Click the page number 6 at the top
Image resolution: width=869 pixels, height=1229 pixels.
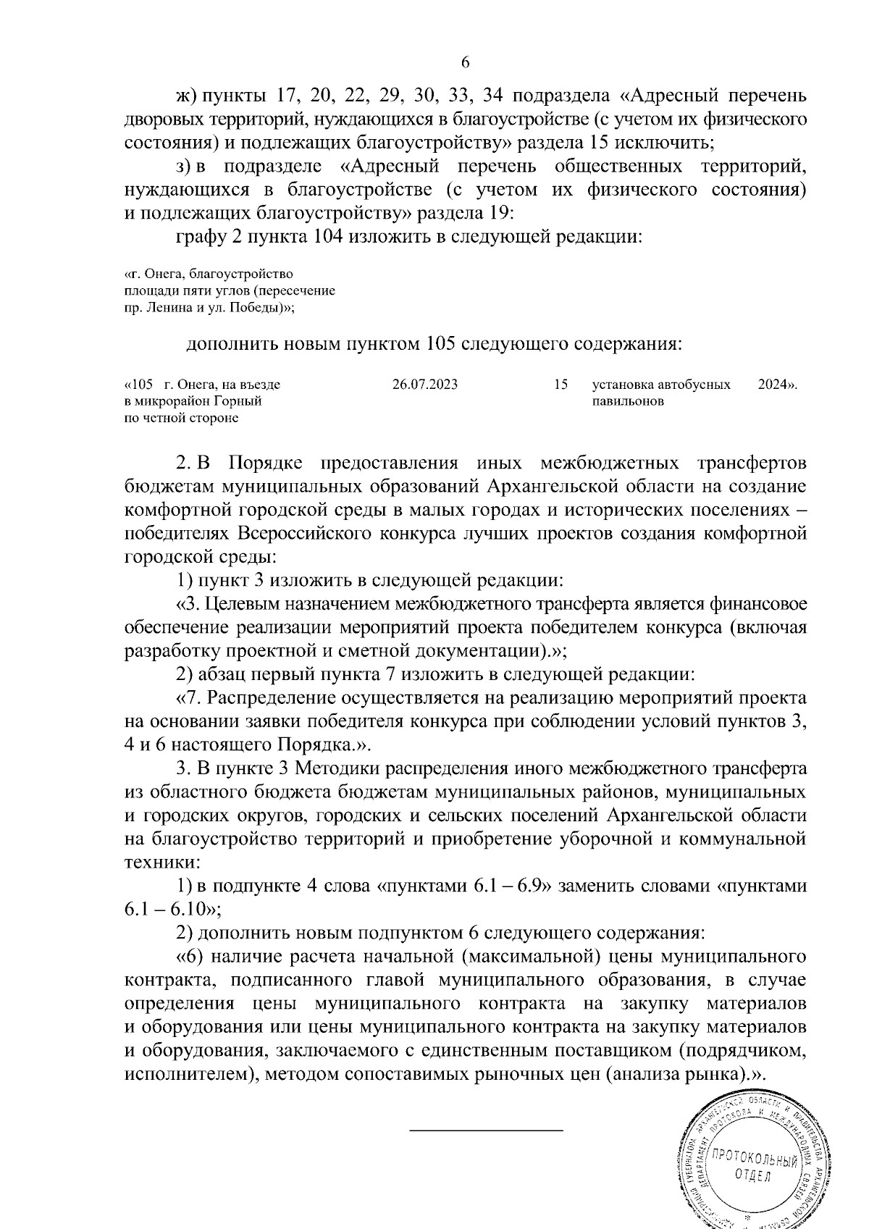coord(465,63)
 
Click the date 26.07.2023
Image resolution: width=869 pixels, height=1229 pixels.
coord(424,385)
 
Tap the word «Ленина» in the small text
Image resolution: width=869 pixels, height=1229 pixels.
coord(164,307)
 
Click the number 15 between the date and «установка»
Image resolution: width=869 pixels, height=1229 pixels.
coord(561,385)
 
